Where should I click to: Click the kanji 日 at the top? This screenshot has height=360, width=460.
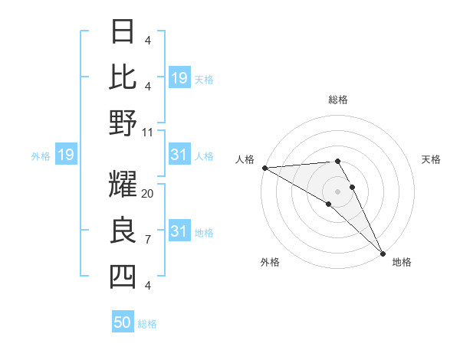point(123,31)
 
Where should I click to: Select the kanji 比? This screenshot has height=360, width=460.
point(123,77)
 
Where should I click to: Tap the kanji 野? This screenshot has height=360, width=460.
point(123,123)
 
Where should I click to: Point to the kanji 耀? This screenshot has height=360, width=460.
point(123,185)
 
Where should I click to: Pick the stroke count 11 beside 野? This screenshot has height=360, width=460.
point(148,133)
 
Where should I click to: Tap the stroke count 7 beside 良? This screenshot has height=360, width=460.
point(147,240)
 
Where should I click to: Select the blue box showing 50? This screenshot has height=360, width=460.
point(123,322)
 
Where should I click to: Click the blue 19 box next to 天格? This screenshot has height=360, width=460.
point(179,77)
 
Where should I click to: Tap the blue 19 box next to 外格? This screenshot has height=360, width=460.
point(66,155)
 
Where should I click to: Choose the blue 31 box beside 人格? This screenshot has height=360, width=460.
point(179,155)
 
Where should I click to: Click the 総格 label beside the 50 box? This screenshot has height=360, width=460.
point(147,324)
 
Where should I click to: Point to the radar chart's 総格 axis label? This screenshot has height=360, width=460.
point(338,100)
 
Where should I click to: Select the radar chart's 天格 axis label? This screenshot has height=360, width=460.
point(432,159)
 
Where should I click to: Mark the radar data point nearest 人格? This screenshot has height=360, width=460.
point(264,168)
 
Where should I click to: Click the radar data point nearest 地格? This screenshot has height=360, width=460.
point(383,252)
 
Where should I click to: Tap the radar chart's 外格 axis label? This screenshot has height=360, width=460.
point(270,263)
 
